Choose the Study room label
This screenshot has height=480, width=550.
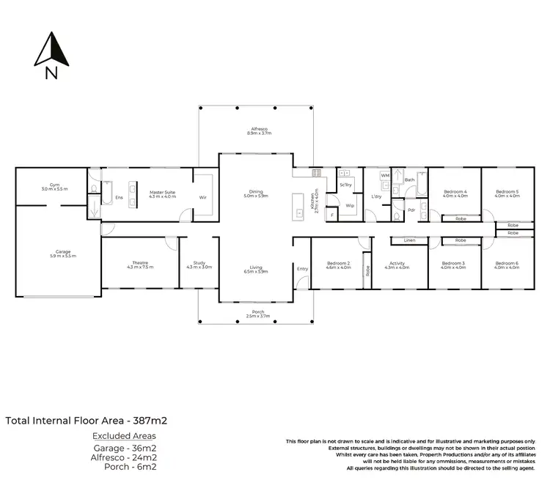(x=199, y=265)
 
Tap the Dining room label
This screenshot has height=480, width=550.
(x=256, y=194)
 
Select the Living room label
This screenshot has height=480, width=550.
(x=256, y=269)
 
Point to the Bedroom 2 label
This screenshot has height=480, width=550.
(x=338, y=265)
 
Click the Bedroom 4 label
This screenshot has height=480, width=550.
(x=455, y=193)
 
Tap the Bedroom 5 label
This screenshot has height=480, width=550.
(x=507, y=193)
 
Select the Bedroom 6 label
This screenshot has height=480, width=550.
(x=507, y=265)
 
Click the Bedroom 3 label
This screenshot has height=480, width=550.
(x=455, y=265)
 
